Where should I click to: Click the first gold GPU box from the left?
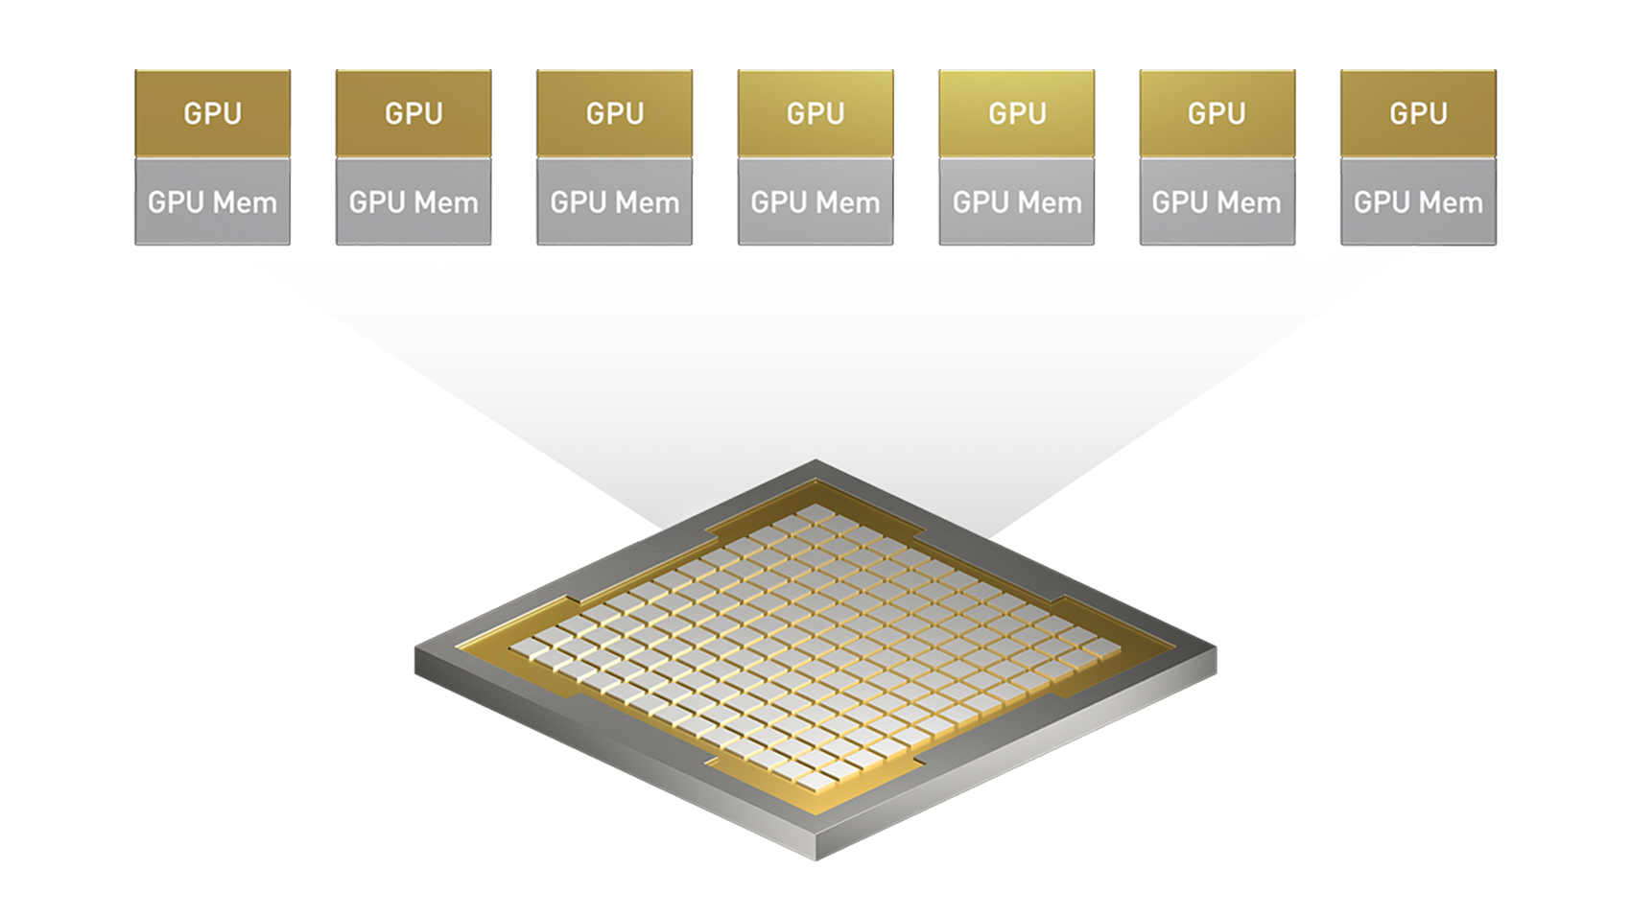212,113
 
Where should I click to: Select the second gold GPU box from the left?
414,113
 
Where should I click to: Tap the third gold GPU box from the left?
614,113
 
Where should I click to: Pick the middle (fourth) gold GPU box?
815,113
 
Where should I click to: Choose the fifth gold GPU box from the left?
1016,113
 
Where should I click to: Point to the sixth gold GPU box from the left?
1217,113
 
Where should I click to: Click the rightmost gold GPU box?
1417,113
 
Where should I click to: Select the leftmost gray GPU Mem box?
212,202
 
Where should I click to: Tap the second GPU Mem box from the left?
414,202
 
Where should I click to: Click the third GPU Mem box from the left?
614,202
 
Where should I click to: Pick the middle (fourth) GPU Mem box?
815,202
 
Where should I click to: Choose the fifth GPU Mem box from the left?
1016,202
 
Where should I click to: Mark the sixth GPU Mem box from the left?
1217,202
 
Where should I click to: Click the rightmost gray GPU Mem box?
1417,202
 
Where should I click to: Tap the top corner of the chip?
815,462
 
